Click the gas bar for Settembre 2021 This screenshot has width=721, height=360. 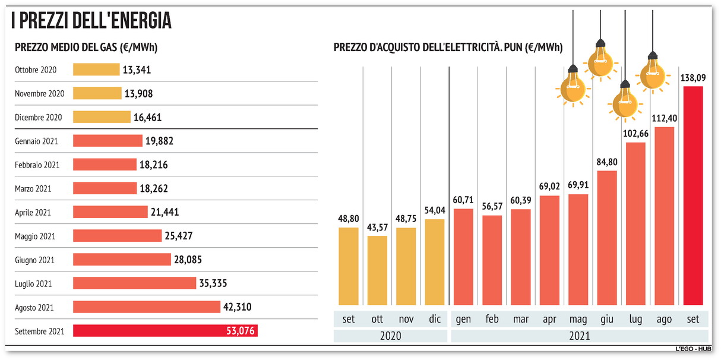click(165, 330)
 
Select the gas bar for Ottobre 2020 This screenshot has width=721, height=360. click(96, 70)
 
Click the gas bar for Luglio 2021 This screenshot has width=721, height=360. click(134, 283)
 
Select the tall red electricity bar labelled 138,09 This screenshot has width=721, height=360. click(693, 196)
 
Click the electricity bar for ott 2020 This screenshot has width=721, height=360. click(377, 270)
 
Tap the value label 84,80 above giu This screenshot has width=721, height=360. click(607, 162)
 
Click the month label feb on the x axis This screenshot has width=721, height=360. click(492, 319)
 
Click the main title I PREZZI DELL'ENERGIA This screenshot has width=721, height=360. click(91, 21)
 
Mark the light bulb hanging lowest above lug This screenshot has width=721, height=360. click(624, 101)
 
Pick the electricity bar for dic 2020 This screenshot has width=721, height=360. click(435, 262)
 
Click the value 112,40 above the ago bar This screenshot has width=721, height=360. click(664, 118)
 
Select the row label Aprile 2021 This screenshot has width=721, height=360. click(33, 212)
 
